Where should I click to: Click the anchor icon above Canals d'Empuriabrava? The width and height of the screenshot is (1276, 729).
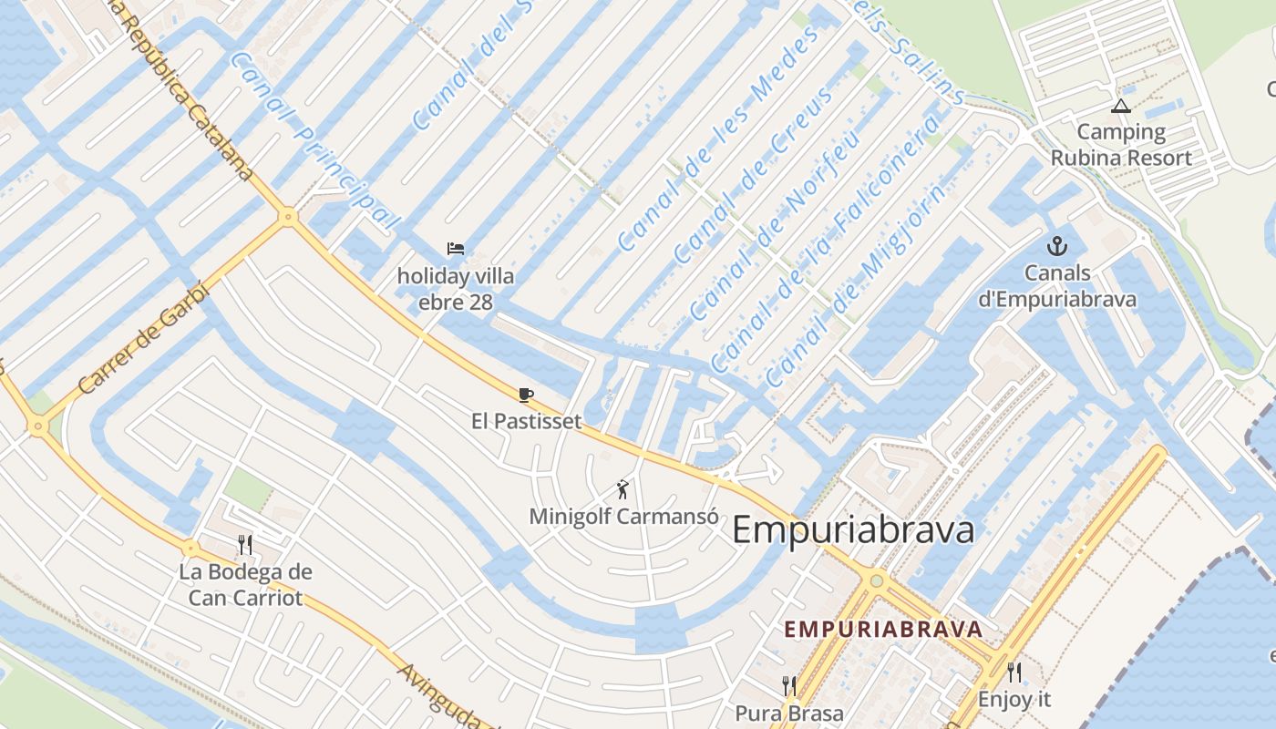tap(1057, 246)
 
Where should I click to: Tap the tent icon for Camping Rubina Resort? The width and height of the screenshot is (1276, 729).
tap(1121, 107)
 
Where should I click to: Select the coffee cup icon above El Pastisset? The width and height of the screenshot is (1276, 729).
tap(525, 395)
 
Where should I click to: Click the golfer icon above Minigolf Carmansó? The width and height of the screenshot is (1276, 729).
tap(623, 489)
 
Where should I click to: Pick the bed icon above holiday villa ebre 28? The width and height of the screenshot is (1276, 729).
tap(456, 248)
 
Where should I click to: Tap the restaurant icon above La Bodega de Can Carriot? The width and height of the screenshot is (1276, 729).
tap(244, 545)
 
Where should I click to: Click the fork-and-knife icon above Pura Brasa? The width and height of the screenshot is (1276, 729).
tap(789, 685)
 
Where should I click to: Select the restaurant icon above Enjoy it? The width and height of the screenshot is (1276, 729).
tap(1014, 673)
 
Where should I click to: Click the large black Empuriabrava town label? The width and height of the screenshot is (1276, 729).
tap(853, 530)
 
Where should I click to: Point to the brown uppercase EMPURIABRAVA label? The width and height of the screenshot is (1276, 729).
tap(883, 629)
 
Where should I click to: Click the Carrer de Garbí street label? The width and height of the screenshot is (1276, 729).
tap(143, 338)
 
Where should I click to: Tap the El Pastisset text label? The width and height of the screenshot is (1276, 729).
tap(526, 421)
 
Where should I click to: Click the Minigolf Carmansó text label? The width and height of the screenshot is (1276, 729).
tap(623, 517)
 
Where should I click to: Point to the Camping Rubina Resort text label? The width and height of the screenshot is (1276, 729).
tap(1121, 145)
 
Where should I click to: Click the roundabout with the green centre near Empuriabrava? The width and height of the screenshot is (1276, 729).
tap(877, 580)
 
